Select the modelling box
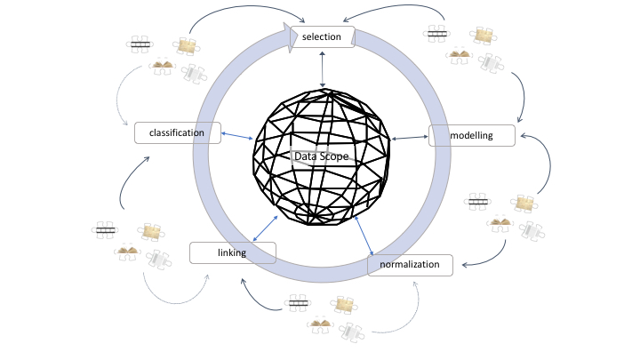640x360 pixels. click(472, 135)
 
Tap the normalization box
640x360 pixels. click(410, 265)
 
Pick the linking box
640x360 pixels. click(233, 252)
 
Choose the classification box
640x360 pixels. click(177, 132)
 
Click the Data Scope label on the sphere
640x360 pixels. click(320, 156)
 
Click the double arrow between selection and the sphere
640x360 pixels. click(323, 68)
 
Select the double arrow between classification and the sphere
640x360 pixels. click(236, 136)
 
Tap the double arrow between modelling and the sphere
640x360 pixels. click(409, 138)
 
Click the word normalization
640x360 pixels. click(410, 265)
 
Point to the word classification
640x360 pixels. click(177, 132)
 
